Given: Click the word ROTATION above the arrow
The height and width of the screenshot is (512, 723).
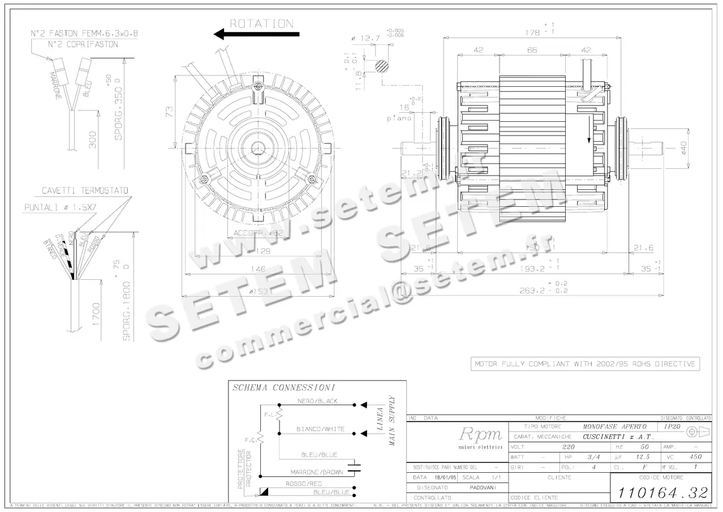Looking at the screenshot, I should click(x=261, y=24).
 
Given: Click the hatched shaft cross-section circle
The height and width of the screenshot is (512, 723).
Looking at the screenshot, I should click(x=383, y=66).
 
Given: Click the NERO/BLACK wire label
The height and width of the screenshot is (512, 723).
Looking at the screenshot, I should click(x=318, y=401).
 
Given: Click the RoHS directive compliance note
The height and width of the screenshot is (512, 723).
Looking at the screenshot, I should click(x=585, y=364).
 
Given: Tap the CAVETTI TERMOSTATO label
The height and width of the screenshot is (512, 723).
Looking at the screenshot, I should click(x=84, y=191).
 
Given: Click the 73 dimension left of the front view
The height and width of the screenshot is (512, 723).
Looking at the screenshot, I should click(x=170, y=112).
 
